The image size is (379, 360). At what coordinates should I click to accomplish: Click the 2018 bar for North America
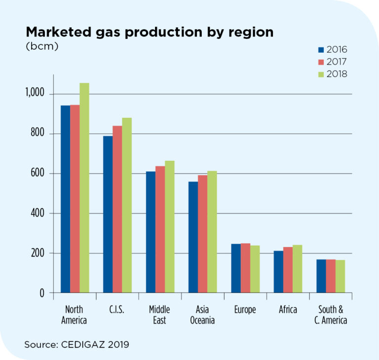84,188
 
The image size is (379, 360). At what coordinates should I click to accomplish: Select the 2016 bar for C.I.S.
108,215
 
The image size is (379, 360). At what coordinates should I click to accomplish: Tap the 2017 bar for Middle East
160,229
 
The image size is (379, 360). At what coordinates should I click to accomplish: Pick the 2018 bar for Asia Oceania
212,232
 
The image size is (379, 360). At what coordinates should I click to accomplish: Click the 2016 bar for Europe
235,268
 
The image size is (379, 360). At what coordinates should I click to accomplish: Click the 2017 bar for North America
75,199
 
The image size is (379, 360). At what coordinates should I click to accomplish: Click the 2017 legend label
337,62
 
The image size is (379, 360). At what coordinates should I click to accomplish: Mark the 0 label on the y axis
42,293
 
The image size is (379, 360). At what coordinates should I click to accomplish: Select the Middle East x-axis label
159,315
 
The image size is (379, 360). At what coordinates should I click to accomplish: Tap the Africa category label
288,310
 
